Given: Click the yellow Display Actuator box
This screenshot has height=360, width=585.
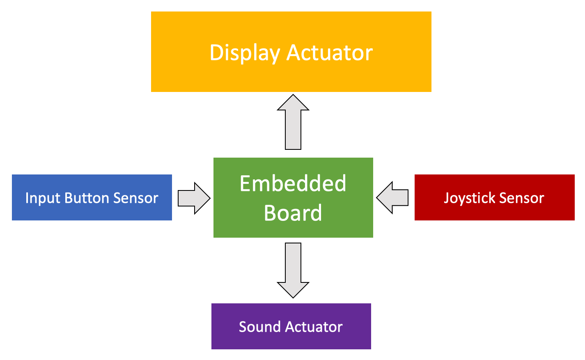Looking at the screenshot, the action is [x=291, y=52].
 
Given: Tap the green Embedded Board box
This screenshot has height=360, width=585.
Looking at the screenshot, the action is [x=293, y=197].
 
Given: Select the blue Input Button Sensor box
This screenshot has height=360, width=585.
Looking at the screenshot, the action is [x=92, y=197].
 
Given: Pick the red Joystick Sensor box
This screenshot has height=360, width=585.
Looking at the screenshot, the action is [x=495, y=197].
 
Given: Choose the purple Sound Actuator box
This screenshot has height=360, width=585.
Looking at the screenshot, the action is [x=291, y=326].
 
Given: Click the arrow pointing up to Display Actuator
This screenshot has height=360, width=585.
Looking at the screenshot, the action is [x=293, y=122].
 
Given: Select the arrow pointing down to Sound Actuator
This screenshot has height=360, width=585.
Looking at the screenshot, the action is [x=293, y=271].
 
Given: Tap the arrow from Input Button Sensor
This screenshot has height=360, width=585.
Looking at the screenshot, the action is [x=194, y=198].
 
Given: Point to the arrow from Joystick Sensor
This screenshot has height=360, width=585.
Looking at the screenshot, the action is [x=392, y=197].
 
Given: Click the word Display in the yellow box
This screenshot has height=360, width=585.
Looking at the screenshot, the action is [x=245, y=53].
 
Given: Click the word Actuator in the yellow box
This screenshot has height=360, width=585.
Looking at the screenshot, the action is [x=330, y=53].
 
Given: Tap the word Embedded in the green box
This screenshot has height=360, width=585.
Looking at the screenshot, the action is [x=293, y=183].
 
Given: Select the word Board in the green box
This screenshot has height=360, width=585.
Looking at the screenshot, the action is [x=293, y=213].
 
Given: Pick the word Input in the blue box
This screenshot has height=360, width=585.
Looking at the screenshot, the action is [x=43, y=198].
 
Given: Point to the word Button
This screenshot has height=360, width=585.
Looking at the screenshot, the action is [x=87, y=197].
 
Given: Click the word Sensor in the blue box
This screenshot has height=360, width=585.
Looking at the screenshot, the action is [x=136, y=198].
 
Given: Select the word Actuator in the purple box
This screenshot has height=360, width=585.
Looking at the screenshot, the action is [x=314, y=327].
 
